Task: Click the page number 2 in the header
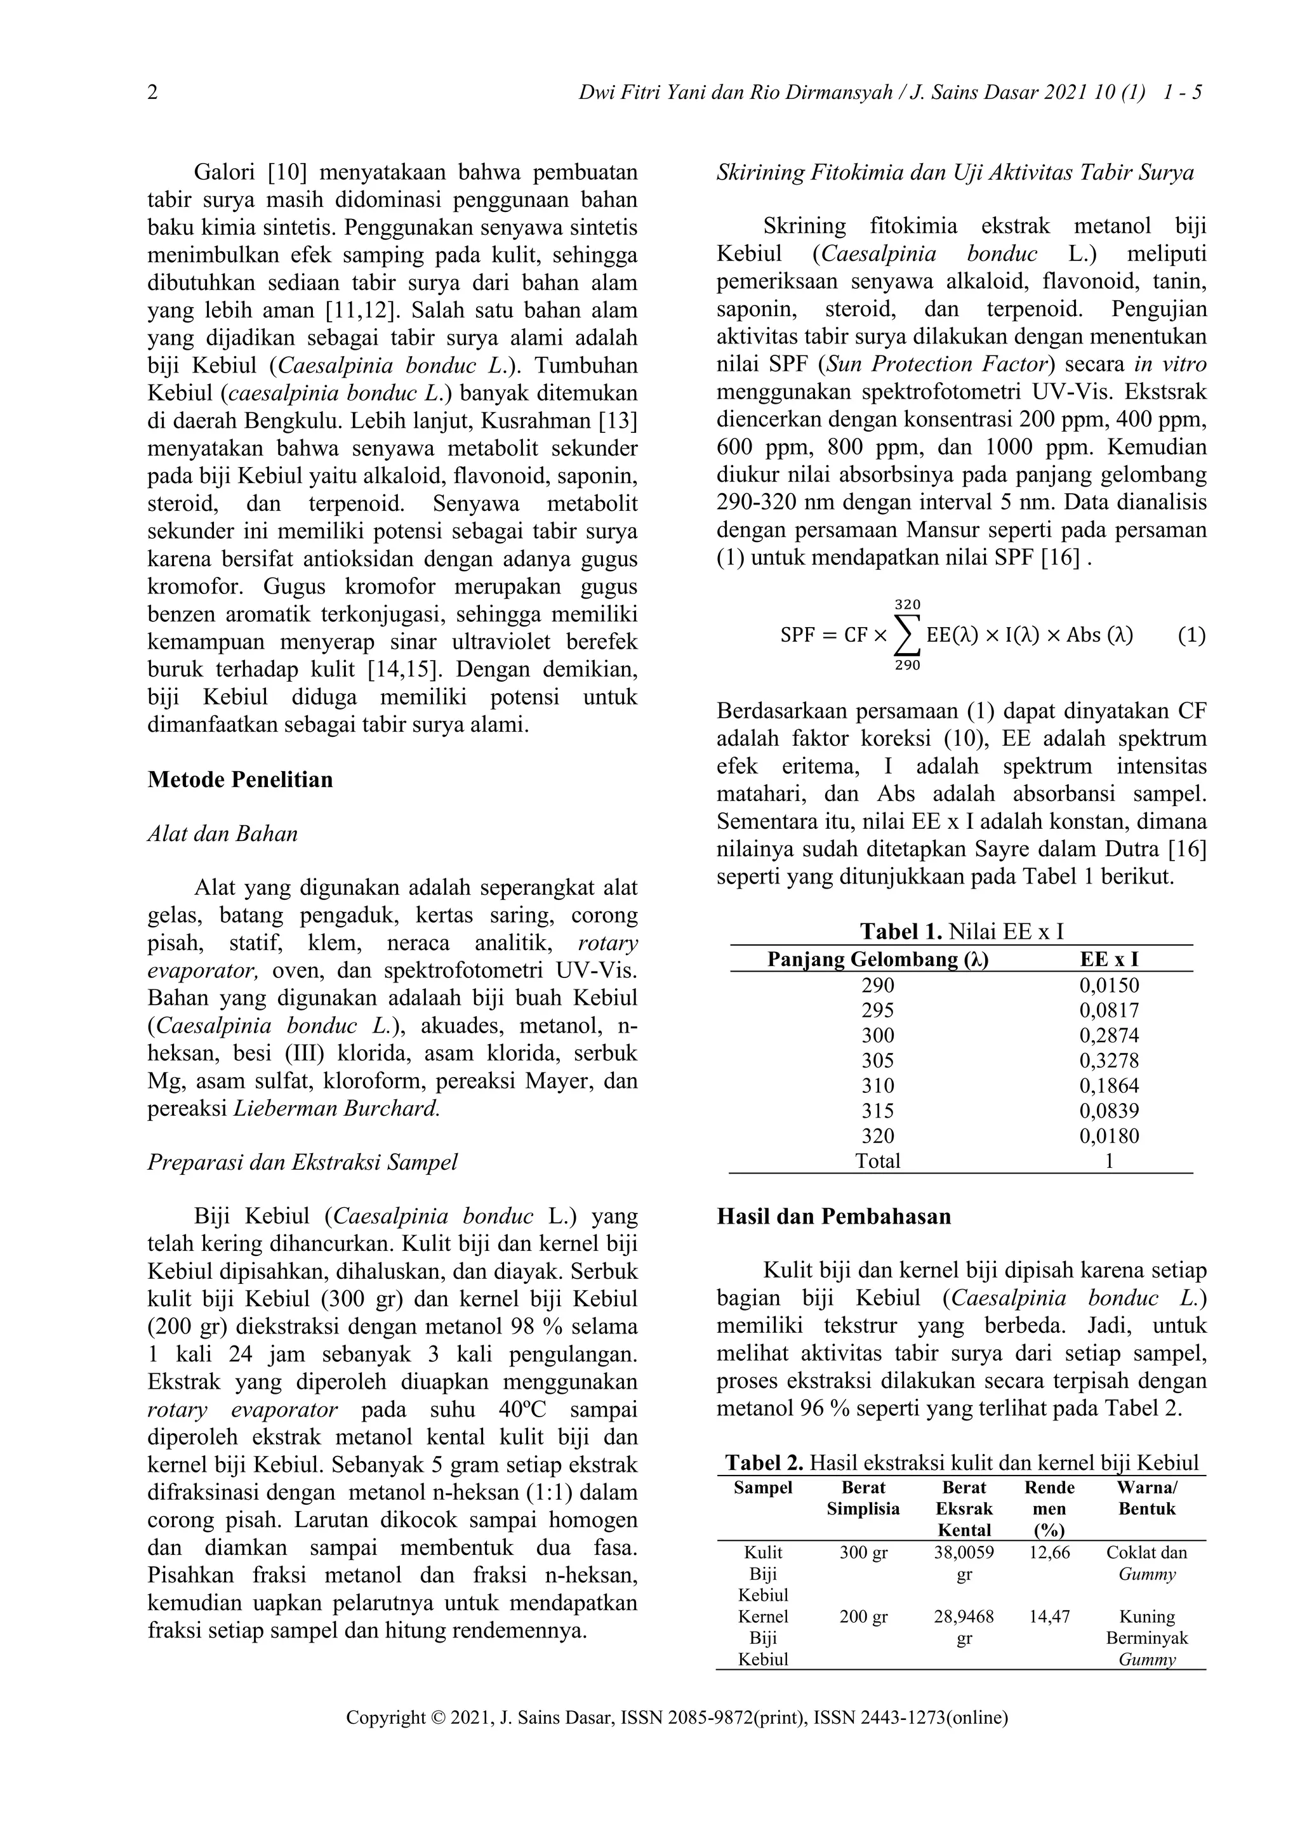tap(153, 94)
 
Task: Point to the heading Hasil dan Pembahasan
tap(833, 1217)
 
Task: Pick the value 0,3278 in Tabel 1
tap(1109, 1061)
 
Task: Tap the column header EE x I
tap(1109, 959)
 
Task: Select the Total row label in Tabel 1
tap(877, 1161)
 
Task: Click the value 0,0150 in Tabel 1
tap(1109, 986)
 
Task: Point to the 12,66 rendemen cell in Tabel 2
tap(1049, 1554)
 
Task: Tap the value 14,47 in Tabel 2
tap(1049, 1617)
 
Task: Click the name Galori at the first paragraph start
tap(224, 173)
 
